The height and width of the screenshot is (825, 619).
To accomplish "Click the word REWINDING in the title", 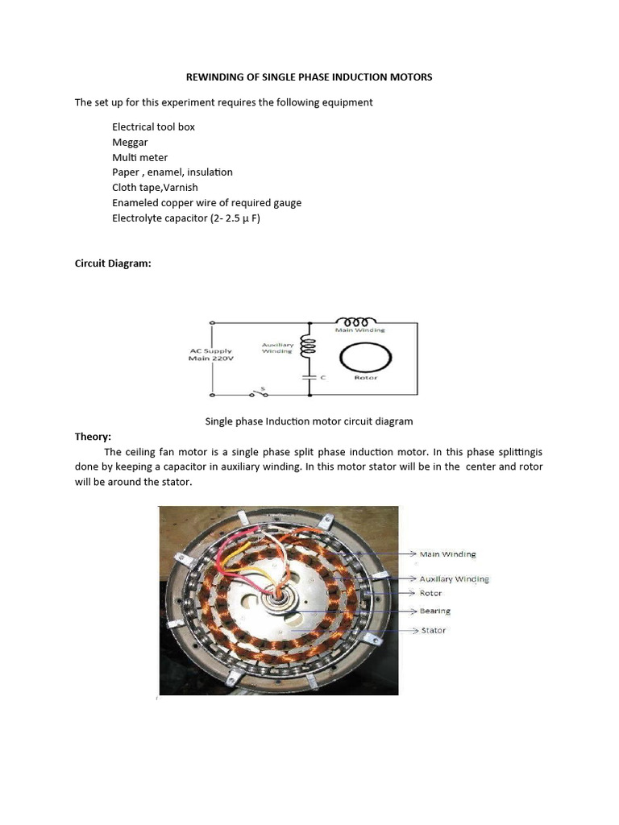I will click(213, 77).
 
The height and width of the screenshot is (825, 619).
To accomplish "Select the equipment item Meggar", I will click(130, 142).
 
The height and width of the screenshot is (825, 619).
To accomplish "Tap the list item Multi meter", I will click(140, 157).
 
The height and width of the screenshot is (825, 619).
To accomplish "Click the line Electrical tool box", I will click(153, 126).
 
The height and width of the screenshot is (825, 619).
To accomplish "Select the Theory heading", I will click(93, 436).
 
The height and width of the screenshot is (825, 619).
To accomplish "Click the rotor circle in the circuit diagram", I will click(366, 355).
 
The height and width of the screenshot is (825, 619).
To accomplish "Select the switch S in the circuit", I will click(259, 393).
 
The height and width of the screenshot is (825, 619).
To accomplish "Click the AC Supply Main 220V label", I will click(210, 355).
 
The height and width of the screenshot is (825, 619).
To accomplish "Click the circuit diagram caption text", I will click(309, 421).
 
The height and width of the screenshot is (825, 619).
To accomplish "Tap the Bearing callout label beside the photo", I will click(435, 611).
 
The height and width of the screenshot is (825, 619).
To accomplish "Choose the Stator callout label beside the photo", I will click(434, 631).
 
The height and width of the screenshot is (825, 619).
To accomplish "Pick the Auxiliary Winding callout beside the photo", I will click(454, 578).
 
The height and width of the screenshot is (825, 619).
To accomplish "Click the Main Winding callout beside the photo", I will click(447, 554).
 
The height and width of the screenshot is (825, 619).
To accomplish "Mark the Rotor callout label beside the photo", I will click(431, 593).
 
